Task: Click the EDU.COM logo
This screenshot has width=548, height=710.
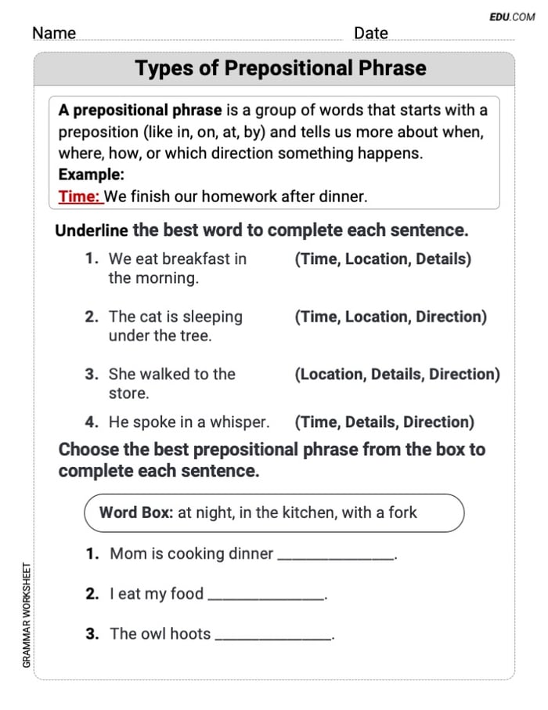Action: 512,16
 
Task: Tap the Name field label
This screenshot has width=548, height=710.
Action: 54,33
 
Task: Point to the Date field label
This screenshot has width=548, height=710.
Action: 370,33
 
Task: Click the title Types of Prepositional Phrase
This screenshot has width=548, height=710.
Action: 280,68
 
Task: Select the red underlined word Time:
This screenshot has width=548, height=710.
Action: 80,197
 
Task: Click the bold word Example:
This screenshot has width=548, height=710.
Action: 91,175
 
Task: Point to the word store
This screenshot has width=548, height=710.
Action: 128,393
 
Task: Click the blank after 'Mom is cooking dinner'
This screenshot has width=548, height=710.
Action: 336,556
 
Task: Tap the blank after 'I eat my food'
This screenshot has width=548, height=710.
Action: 266,596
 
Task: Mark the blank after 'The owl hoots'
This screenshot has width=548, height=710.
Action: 273,636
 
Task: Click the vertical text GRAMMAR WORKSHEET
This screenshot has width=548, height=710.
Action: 27,615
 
